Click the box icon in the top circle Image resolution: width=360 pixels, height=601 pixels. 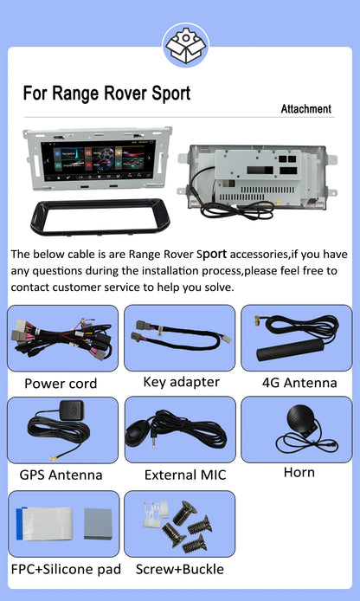point(186,44)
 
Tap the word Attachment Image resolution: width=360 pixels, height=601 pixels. point(306,109)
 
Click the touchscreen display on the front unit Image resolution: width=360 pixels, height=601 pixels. point(98,160)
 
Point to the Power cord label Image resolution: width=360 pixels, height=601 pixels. point(61,384)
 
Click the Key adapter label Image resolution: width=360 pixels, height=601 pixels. point(181,382)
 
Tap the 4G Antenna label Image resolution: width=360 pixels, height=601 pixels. point(299,383)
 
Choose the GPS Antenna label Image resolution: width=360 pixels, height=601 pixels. point(61,475)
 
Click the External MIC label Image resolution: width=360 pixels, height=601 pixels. point(185,475)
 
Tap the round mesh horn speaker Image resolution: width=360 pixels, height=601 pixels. point(301,419)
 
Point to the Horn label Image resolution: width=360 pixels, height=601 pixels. point(299,473)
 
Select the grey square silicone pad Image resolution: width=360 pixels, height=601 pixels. point(98,524)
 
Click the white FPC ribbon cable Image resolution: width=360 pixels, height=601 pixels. point(44,524)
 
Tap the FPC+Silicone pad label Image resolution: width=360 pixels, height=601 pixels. point(66,570)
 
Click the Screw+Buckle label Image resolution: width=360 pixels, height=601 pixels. point(180,569)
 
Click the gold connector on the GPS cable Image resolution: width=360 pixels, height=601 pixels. point(54,457)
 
